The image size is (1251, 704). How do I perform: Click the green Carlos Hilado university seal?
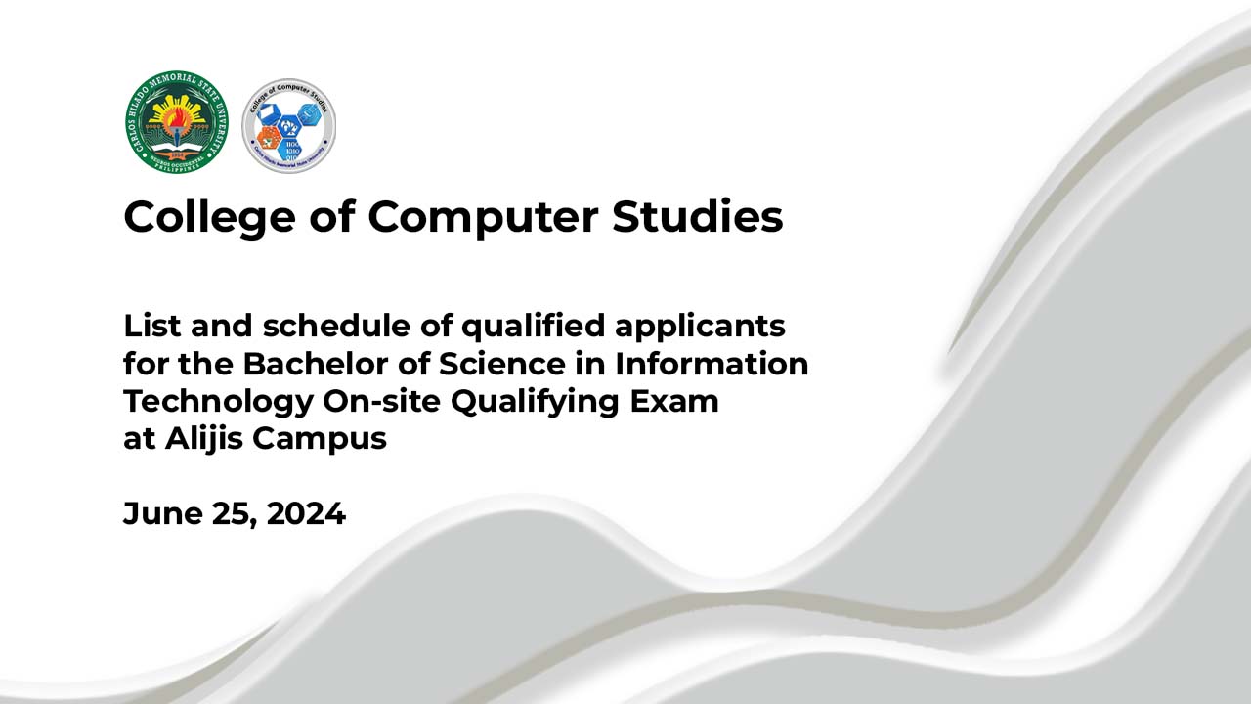coord(176,123)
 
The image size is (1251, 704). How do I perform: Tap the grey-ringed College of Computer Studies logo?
coord(288,126)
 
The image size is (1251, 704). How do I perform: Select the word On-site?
coord(370,401)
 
